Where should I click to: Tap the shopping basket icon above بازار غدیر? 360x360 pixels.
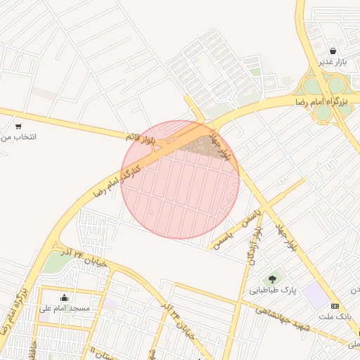pos(333,51)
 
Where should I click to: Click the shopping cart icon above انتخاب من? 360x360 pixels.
pos(18,127)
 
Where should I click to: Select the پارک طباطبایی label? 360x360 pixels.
pos(269,290)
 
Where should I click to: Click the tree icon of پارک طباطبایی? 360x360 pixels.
pos(272,279)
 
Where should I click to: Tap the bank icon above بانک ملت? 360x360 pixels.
pos(335,306)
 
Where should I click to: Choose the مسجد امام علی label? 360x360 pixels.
pos(65,308)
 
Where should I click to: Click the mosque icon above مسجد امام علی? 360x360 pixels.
pos(65,297)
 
